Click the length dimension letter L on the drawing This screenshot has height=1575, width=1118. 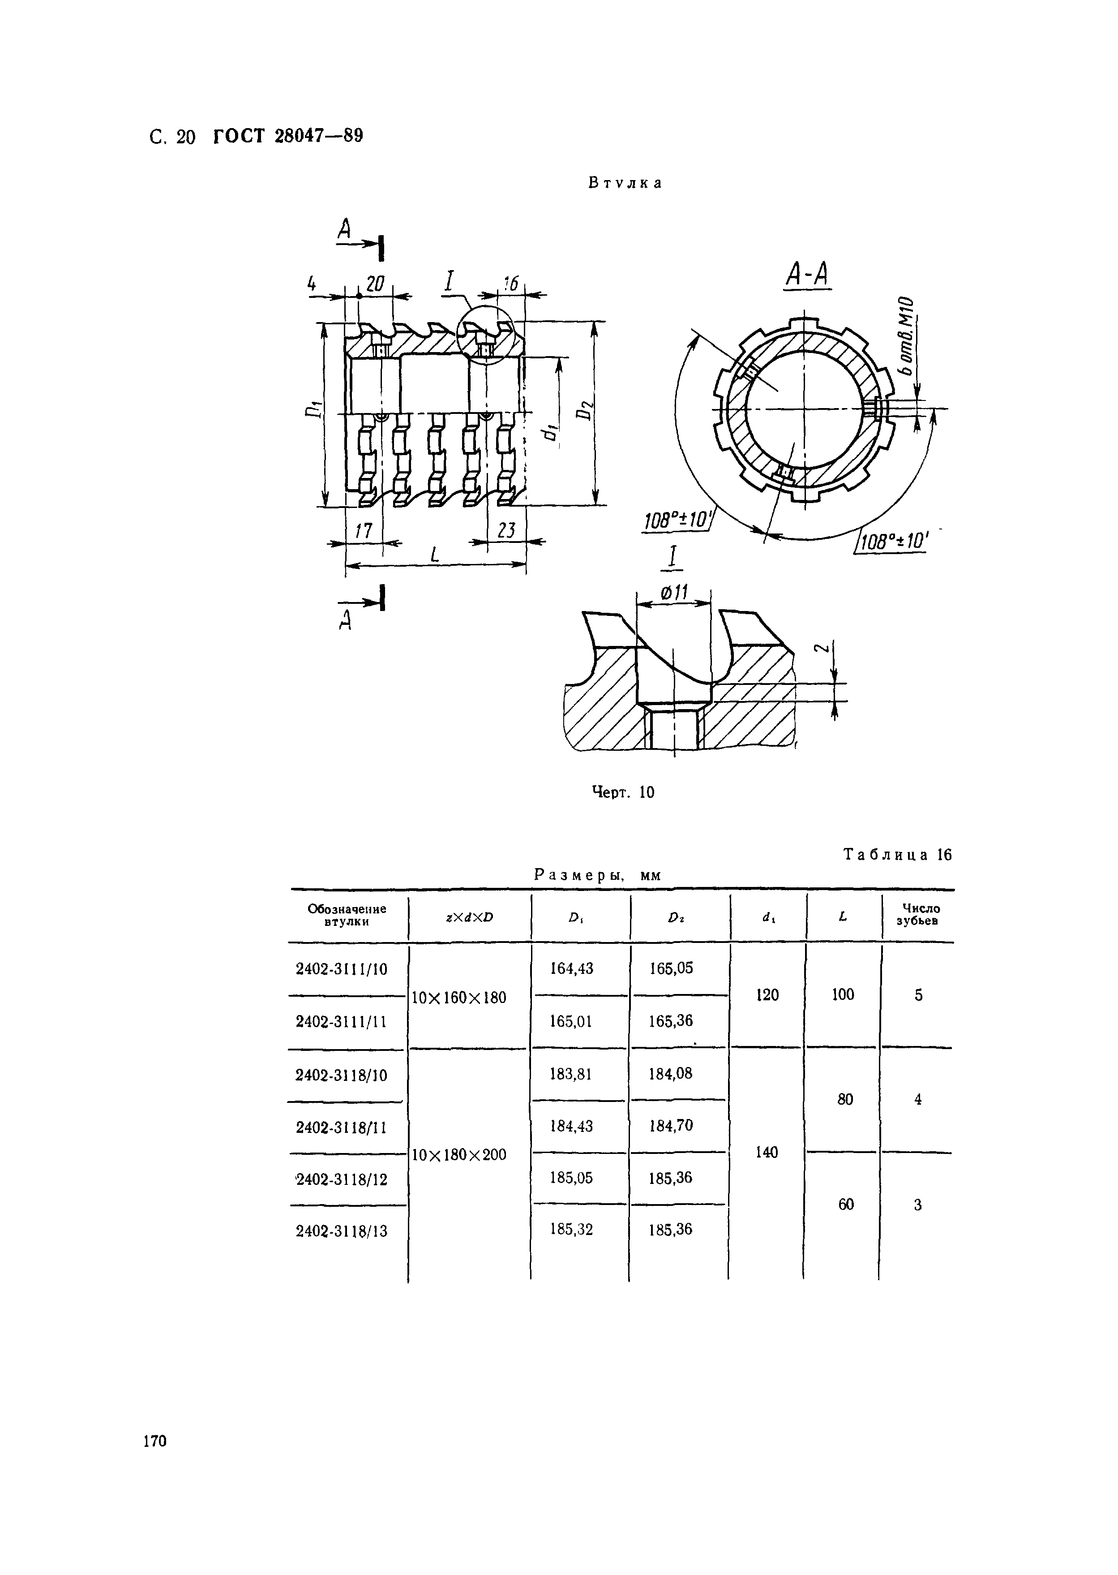434,555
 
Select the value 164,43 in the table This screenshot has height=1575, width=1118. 571,968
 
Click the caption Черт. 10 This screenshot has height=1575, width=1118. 623,793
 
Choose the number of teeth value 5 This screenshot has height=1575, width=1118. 918,995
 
